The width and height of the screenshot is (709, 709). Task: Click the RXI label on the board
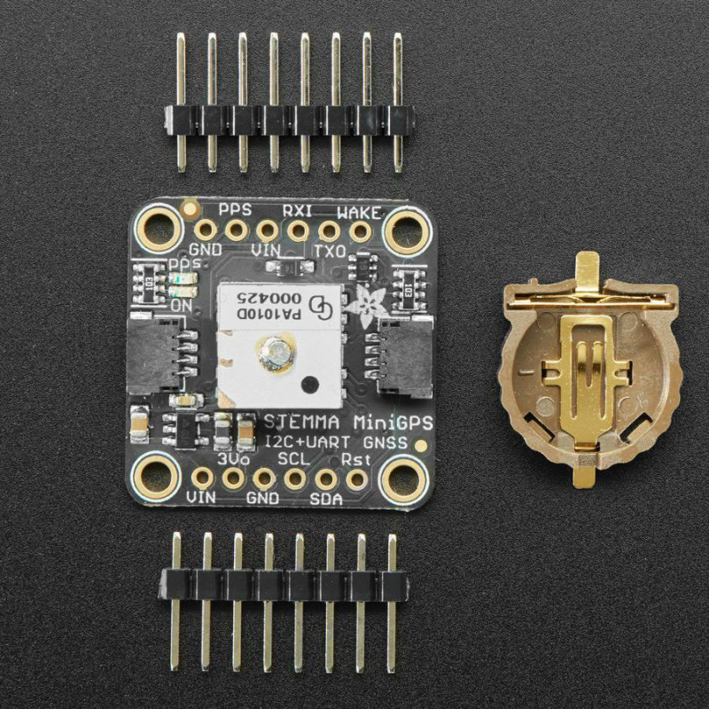pyautogui.click(x=295, y=210)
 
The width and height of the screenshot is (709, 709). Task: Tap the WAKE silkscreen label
pyautogui.click(x=359, y=212)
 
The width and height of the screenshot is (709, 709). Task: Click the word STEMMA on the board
pyautogui.click(x=294, y=419)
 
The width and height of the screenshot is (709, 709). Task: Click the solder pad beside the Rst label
pyautogui.click(x=358, y=479)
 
